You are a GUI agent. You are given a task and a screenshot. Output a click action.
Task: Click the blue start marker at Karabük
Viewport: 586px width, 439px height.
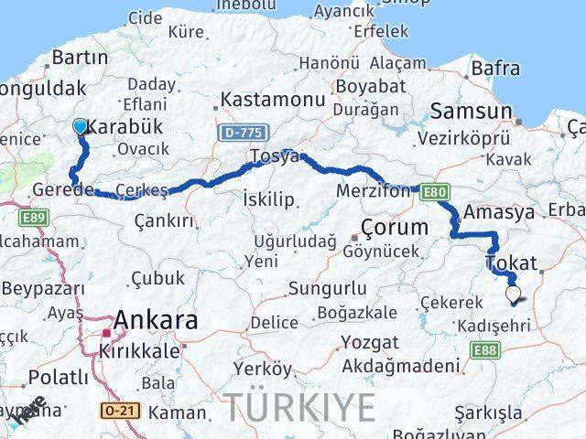tap(81, 127)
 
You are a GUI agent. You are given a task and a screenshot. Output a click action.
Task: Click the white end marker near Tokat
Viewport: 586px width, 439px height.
tap(514, 294)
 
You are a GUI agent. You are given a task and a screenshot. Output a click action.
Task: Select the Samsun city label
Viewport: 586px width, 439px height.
tap(471, 112)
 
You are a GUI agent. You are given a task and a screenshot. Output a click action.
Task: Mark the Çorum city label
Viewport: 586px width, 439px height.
tap(394, 227)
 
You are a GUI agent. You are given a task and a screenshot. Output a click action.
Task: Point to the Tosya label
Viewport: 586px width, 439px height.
tap(276, 157)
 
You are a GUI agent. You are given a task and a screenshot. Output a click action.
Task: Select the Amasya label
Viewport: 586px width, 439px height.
tap(499, 212)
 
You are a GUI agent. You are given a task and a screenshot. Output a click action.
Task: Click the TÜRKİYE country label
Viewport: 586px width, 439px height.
tap(301, 405)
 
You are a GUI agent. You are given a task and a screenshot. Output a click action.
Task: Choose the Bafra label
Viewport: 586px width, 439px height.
tap(495, 69)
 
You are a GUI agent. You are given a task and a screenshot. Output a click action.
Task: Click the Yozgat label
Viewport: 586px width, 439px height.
tap(369, 342)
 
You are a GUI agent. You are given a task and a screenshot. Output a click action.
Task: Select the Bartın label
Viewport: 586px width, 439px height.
tap(80, 58)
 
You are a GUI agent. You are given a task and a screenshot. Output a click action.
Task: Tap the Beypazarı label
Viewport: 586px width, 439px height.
tap(42, 289)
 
